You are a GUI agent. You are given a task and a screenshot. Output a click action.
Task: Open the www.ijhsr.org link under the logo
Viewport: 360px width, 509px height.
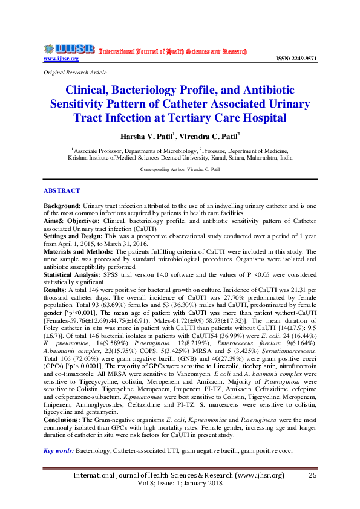(61, 59)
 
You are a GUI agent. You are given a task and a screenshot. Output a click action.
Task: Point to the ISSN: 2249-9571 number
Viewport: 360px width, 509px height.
(296, 59)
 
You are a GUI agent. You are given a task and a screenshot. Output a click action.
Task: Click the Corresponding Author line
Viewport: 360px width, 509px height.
(180, 170)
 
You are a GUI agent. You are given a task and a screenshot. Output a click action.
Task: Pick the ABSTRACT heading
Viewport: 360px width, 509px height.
(61, 190)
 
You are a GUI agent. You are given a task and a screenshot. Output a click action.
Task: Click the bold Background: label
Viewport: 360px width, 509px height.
(62, 206)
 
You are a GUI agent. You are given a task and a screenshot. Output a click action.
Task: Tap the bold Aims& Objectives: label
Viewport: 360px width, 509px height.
(70, 221)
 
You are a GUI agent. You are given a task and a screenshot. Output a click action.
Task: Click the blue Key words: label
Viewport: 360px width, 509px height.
(59, 451)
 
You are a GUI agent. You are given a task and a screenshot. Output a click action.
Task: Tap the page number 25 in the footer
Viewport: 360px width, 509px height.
(313, 475)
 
